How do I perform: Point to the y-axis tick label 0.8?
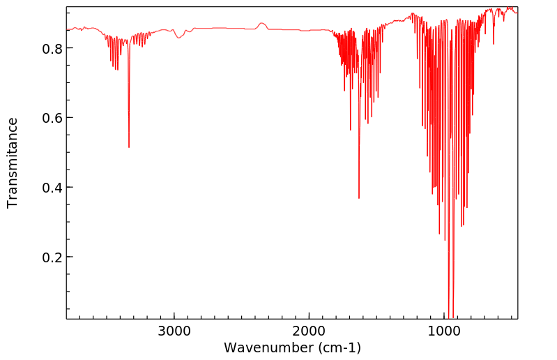53,48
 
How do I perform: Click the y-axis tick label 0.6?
53,118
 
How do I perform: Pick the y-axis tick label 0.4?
53,188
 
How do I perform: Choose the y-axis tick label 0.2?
53,257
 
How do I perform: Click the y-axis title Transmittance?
13,163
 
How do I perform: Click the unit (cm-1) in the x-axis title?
338,347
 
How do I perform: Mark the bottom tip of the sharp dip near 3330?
129,147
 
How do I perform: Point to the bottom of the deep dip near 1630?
359,197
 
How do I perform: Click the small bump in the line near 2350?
261,24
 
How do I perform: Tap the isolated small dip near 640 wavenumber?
494,43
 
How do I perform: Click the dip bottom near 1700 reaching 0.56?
351,129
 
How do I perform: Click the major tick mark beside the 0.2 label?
69,257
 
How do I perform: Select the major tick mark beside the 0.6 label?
69,117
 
